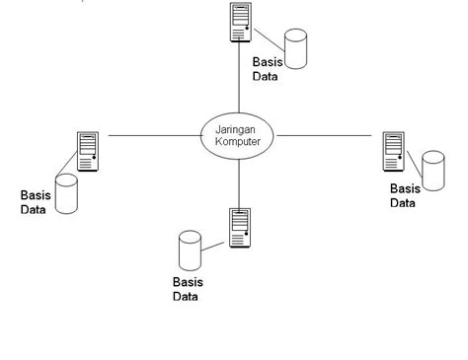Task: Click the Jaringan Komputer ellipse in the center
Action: coord(239,135)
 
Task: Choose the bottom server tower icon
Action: coord(239,228)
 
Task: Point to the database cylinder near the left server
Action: coord(66,193)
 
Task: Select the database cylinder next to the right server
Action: coord(432,169)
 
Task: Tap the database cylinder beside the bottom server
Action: coord(189,251)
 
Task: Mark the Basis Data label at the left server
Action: coord(36,202)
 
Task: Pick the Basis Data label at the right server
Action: coord(404,196)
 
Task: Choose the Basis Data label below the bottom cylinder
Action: coord(188,289)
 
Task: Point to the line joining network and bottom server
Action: coord(239,182)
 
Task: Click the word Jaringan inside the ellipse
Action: coord(239,128)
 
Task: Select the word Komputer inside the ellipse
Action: coord(239,142)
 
